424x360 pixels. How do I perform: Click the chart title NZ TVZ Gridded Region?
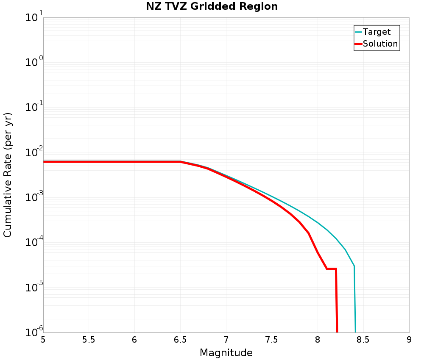212,7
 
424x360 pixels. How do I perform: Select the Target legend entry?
377,32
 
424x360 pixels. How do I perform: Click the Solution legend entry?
380,44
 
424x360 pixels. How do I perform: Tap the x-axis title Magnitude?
226,353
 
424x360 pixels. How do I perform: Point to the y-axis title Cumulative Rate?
8,175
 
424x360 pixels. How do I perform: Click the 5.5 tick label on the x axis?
89,340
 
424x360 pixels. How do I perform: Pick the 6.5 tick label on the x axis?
180,340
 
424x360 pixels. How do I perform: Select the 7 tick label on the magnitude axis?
226,340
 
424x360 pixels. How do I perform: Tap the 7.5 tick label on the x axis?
272,340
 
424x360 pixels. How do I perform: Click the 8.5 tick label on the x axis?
363,340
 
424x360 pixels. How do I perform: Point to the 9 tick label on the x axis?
409,340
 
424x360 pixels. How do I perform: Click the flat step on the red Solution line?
331,269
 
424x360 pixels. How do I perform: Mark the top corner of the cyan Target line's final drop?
354,266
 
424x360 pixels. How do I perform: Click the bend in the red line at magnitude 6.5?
180,162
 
